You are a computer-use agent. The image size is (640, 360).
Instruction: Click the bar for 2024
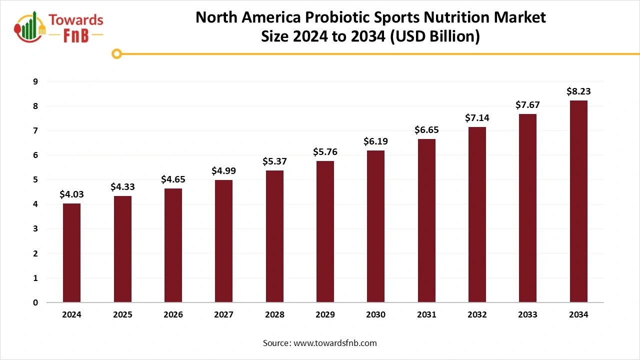pos(71,252)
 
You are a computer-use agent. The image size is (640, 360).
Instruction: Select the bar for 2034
pos(578,201)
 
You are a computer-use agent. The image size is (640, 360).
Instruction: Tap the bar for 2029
pos(325,231)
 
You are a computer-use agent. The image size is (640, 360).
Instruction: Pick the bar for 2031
pos(426,220)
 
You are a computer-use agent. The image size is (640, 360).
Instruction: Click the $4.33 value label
pos(122,187)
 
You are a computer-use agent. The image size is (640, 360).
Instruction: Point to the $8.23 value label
pos(578,91)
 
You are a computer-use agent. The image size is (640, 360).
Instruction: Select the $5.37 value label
pos(274,161)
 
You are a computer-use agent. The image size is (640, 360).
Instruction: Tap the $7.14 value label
pos(477,118)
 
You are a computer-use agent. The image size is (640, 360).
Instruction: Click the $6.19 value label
pos(375,141)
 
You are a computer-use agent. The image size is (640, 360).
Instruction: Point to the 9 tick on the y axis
pos(35,81)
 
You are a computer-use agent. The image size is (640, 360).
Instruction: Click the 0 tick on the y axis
pos(35,302)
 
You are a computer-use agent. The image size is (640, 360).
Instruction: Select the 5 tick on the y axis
pos(35,179)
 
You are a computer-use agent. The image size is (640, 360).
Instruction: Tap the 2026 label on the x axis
pos(173,315)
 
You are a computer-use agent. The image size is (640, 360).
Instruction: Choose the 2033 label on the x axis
pos(527,315)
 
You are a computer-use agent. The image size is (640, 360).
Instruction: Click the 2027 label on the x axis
pos(223,315)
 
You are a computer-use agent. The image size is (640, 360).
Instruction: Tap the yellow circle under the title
pos(116,53)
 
